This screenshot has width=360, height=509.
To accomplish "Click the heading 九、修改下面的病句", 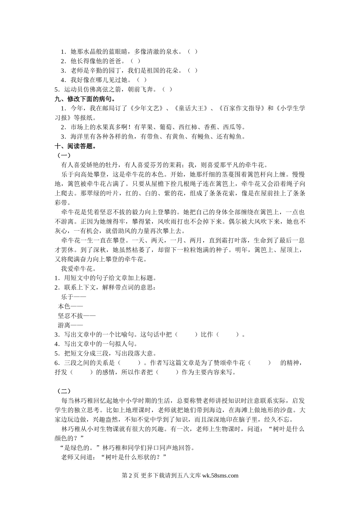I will pyautogui.click(x=85, y=99).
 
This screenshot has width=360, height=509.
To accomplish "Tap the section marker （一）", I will pyautogui.click(x=64, y=155).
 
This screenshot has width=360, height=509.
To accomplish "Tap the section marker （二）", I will pyautogui.click(x=64, y=391).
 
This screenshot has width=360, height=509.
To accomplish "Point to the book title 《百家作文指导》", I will pyautogui.click(x=242, y=108).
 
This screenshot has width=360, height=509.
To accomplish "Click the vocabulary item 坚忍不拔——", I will pyautogui.click(x=77, y=315).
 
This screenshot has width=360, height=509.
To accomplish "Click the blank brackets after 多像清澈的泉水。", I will pyautogui.click(x=192, y=52).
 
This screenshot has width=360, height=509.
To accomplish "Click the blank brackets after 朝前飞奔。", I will pyautogui.click(x=167, y=89).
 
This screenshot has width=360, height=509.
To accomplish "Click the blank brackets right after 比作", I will pyautogui.click(x=229, y=334).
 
